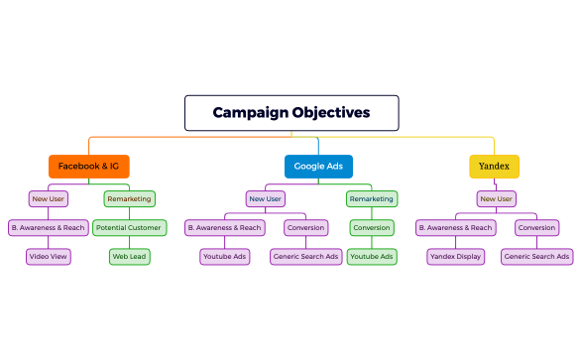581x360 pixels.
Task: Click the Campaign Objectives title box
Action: click(x=291, y=113)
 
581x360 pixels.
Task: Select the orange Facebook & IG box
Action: click(x=89, y=166)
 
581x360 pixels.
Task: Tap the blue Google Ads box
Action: click(x=318, y=166)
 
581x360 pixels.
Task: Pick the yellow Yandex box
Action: click(x=494, y=166)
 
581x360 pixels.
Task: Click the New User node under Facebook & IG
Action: click(x=49, y=198)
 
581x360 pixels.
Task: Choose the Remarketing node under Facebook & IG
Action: click(x=129, y=198)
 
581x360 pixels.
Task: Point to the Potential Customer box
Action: click(x=130, y=227)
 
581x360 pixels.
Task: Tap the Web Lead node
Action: click(x=129, y=256)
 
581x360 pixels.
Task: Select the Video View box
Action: click(x=49, y=256)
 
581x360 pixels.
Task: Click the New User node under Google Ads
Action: click(x=265, y=198)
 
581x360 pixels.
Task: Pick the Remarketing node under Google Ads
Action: click(x=372, y=198)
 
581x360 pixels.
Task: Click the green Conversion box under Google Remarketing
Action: click(x=372, y=227)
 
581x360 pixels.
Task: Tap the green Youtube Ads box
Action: click(x=372, y=256)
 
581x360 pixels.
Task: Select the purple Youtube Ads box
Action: click(x=224, y=256)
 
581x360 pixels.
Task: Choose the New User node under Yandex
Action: click(x=495, y=198)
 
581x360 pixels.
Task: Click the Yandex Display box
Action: click(x=455, y=256)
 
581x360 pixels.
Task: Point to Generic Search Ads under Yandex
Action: click(x=536, y=256)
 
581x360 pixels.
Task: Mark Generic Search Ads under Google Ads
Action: click(x=305, y=256)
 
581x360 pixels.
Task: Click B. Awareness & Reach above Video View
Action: click(x=49, y=227)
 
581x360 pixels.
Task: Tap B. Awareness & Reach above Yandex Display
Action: click(x=455, y=227)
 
